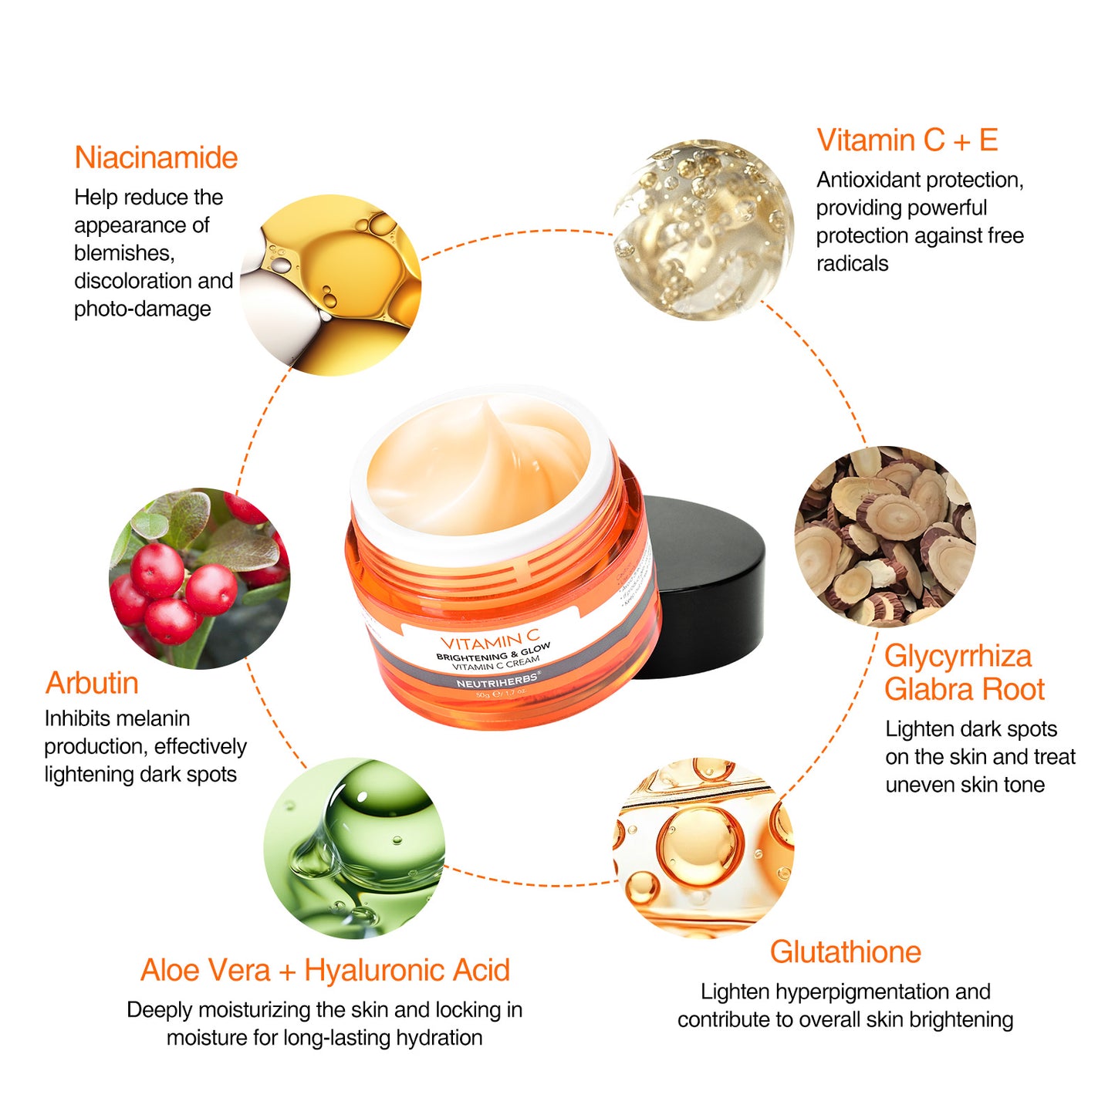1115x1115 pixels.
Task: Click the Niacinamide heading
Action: click(156, 157)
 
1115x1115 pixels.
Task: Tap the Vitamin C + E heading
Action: click(907, 140)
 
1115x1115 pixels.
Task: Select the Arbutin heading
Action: click(92, 683)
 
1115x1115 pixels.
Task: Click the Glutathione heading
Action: click(845, 951)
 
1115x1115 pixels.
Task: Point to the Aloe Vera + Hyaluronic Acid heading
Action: click(325, 970)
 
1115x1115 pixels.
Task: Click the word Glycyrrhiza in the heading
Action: click(958, 656)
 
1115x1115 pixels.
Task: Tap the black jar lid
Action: click(706, 586)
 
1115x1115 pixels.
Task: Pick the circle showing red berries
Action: click(199, 579)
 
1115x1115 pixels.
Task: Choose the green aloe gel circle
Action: click(354, 847)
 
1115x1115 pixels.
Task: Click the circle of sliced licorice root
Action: click(885, 536)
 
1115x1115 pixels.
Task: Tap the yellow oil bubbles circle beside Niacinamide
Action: click(331, 285)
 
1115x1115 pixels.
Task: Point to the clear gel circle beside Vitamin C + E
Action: click(703, 229)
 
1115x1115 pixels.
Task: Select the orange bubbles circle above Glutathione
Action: click(703, 847)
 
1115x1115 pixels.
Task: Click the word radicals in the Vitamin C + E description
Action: click(852, 264)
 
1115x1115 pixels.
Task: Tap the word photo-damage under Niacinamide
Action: click(142, 309)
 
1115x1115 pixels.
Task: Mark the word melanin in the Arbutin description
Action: click(153, 718)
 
